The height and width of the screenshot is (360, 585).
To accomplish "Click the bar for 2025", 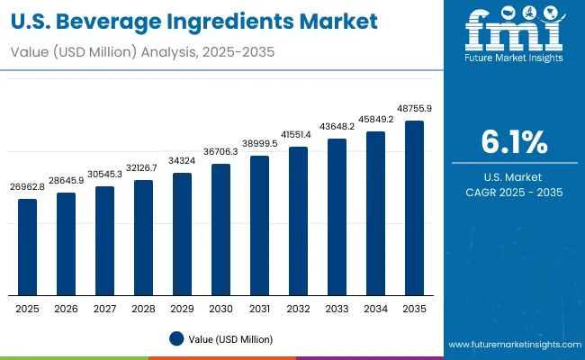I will coord(28,247).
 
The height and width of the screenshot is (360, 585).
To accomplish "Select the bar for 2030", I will coord(221,229).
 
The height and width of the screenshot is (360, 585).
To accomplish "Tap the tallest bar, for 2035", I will coord(414,208).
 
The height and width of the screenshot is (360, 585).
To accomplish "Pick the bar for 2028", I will coord(144,238).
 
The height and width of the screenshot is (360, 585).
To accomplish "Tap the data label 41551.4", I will coord(299,134).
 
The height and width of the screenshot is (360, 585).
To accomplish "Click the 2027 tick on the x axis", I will coord(105,309).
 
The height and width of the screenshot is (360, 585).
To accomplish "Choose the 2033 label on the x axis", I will coord(337,309).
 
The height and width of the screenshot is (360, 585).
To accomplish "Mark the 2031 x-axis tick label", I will coord(260,309).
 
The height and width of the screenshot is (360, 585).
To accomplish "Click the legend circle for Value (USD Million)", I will coord(176,339).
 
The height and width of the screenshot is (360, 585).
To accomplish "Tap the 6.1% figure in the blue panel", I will coord(514,142).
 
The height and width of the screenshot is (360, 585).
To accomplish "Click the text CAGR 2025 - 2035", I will coord(514,192).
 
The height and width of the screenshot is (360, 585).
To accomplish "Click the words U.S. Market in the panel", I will coord(514,176).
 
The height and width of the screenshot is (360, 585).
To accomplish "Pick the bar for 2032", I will coord(299,220).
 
